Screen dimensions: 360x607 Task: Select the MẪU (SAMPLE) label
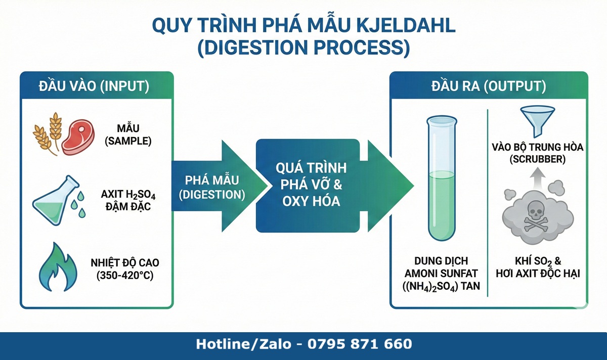(x=128, y=136)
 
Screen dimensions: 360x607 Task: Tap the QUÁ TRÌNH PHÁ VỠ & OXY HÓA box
(x=308, y=186)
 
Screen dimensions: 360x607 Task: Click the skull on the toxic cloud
(x=537, y=214)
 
